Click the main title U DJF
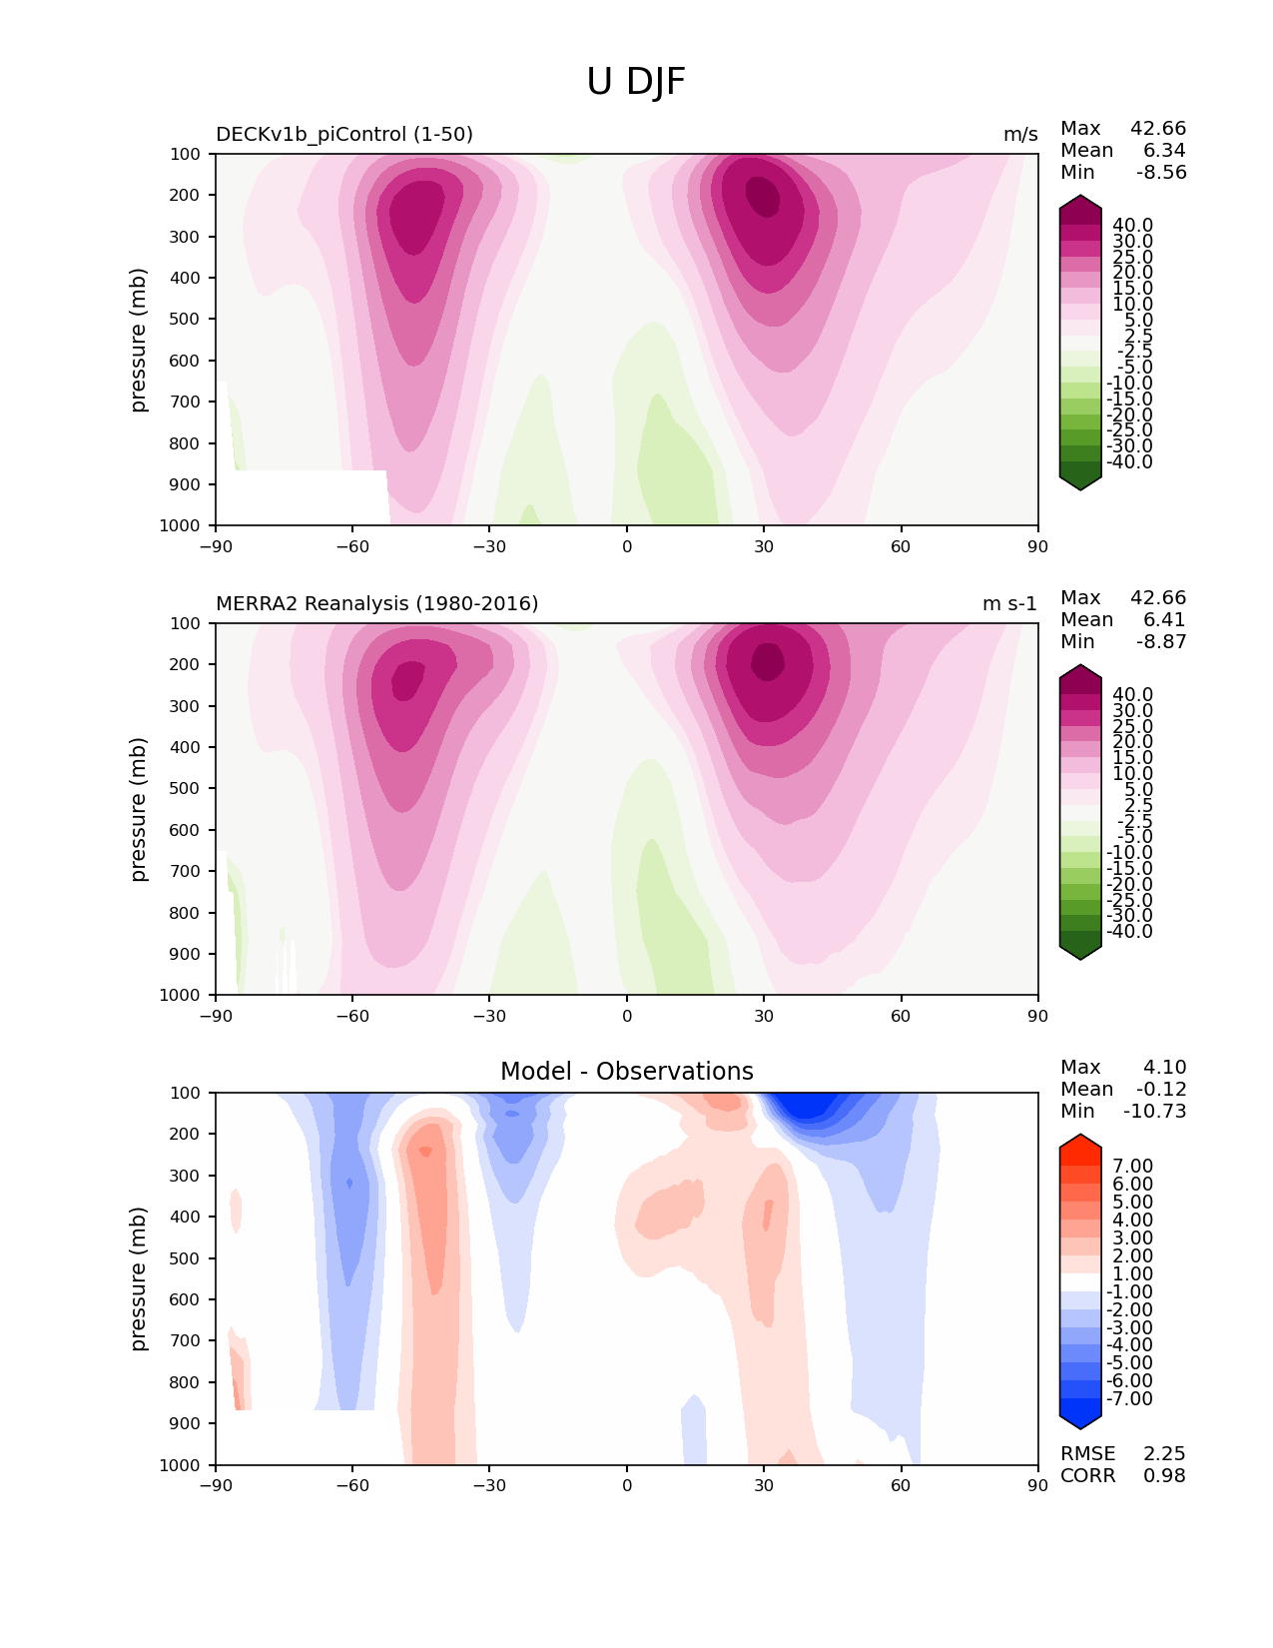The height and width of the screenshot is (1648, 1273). point(636,82)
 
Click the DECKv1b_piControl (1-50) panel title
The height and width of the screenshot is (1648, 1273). point(344,135)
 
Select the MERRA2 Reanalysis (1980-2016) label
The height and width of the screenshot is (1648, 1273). point(377,604)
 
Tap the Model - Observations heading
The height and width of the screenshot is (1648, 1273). point(626,1072)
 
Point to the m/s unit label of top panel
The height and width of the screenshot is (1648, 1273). point(1020,135)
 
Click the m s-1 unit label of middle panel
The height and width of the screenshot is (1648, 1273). point(1009,604)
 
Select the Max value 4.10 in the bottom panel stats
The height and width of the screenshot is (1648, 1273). point(1165,1068)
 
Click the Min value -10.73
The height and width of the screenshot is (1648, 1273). point(1155,1112)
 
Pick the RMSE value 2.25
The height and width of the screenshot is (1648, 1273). point(1164,1454)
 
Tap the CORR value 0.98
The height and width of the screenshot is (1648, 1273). point(1164,1476)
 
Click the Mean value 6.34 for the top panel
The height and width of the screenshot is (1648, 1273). point(1165,151)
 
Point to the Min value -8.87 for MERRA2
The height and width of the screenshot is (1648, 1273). point(1161,642)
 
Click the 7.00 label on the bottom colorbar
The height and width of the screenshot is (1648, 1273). point(1133,1167)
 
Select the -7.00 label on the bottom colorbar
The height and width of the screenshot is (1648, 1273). point(1130,1399)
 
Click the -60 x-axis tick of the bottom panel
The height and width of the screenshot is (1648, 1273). point(352,1486)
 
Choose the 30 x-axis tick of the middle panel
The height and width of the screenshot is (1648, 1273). point(764,1017)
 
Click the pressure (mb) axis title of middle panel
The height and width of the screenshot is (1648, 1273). point(139,809)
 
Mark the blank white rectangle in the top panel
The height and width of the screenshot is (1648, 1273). point(303,496)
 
